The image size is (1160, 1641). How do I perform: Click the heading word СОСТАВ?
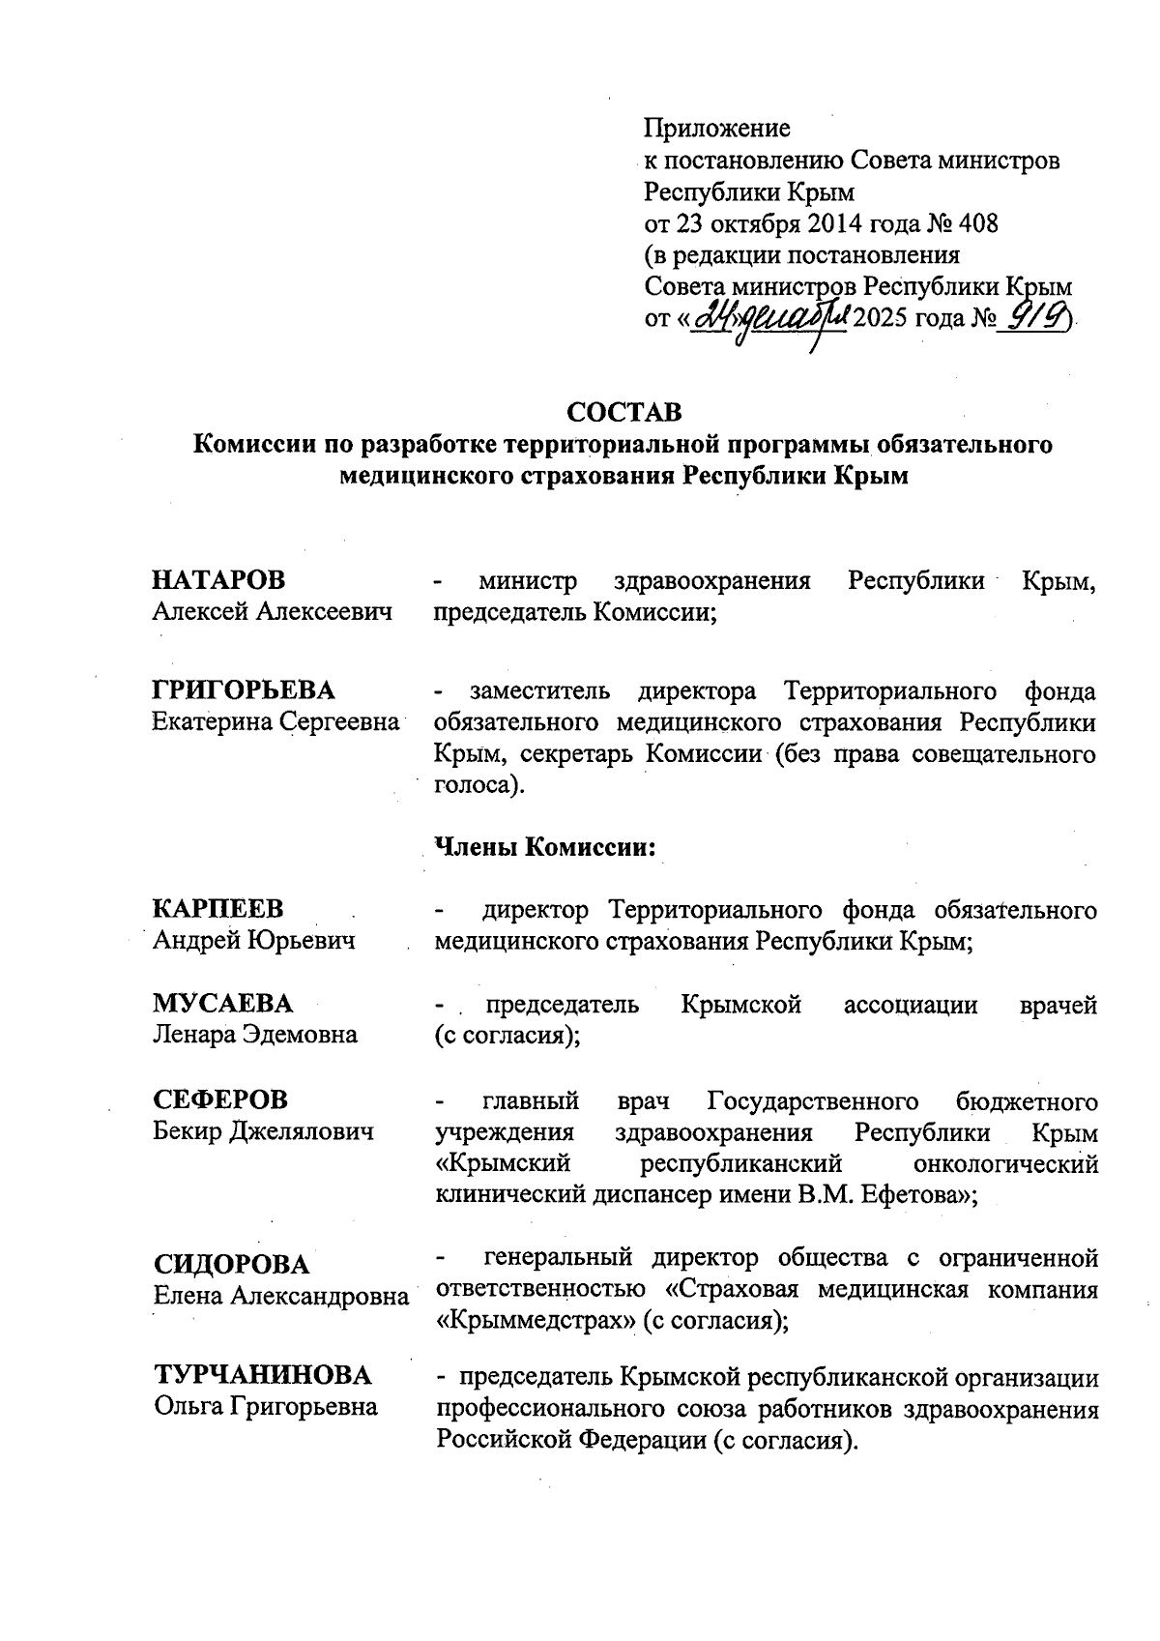623,412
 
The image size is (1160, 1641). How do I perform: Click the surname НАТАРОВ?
219,580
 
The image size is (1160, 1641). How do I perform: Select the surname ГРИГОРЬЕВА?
244,690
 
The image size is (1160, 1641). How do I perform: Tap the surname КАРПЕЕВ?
218,909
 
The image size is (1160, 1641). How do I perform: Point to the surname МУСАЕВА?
222,1003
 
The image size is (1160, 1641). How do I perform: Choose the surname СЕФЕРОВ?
220,1099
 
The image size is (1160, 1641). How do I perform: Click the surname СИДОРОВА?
232,1264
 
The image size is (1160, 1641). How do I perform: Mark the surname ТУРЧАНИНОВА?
263,1375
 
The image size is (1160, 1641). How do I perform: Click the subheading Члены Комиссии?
546,847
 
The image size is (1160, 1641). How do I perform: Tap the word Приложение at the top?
717,128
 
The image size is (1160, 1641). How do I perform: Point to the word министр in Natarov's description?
528,581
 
